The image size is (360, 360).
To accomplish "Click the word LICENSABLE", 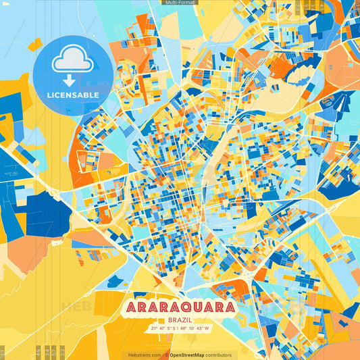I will (x=74, y=95).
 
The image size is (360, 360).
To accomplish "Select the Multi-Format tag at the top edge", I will (x=180, y=3).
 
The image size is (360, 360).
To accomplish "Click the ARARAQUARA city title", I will (x=180, y=307).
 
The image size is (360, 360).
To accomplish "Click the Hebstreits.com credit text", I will (x=145, y=355).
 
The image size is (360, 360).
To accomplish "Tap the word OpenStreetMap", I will (x=188, y=355).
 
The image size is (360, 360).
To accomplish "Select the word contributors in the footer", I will (x=220, y=355).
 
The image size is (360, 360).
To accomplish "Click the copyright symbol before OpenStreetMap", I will (x=167, y=355).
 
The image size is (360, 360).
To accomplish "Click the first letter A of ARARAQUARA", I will (x=132, y=307).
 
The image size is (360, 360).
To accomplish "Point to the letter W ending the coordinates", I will (x=207, y=329).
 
